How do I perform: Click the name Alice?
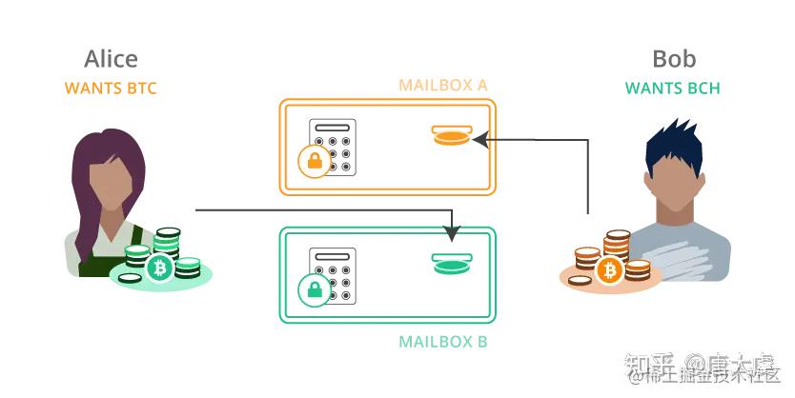111,59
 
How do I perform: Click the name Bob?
673,59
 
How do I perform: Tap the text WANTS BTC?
111,89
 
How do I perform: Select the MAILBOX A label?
443,86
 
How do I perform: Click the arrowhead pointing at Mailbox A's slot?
479,140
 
